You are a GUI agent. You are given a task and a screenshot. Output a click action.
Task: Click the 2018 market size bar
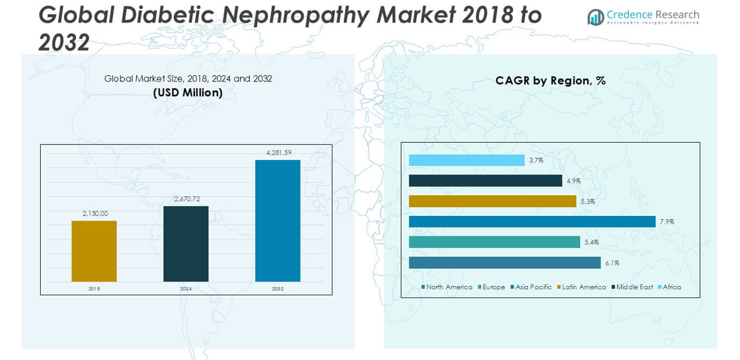94,251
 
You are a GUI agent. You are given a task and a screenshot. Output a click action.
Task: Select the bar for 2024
185,243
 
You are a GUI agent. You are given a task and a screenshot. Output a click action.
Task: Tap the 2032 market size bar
278,220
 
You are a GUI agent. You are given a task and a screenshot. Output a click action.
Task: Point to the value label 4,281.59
278,153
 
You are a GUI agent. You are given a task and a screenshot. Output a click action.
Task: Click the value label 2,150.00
95,213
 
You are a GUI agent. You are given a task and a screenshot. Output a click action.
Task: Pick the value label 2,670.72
187,199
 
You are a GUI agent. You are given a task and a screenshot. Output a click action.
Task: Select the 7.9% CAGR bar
532,222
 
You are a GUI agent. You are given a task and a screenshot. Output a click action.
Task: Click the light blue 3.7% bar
466,160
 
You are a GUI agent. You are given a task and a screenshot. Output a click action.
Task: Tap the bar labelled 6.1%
504,263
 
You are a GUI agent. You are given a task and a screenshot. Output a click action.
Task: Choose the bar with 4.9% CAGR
485,181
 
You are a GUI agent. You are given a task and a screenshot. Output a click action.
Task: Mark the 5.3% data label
587,201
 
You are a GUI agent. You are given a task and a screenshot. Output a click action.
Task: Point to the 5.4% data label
591,242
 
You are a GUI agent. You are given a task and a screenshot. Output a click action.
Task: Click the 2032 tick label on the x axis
278,289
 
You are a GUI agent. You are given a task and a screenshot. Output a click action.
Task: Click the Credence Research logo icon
595,17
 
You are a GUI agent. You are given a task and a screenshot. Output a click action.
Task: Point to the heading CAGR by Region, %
550,80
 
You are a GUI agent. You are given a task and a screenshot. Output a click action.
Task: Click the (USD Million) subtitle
188,92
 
